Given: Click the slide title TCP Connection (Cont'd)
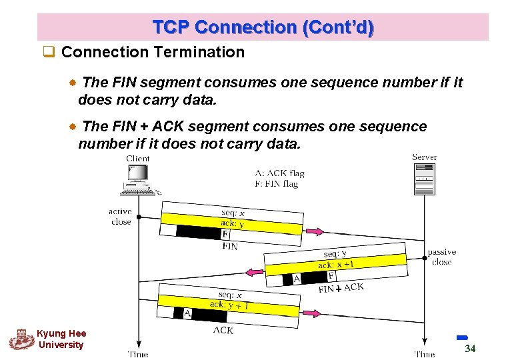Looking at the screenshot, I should tap(263, 27).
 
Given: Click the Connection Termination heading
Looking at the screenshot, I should tap(152, 52).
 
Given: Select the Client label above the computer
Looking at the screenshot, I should tap(138, 159).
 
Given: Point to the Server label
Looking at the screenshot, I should tap(424, 157).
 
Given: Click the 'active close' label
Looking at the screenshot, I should tap(121, 217).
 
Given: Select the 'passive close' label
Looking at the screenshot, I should tap(441, 257).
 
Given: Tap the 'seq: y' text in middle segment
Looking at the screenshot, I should tap(335, 254).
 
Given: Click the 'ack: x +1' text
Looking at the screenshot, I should tap(336, 265).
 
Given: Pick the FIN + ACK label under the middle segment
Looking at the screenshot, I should tap(341, 288).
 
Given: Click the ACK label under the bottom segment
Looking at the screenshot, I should tap(223, 329).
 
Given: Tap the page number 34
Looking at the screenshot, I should tap(470, 349).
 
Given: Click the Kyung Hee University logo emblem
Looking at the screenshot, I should tap(21, 339).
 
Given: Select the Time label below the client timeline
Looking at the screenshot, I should tap(137, 354).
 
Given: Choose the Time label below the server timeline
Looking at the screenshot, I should tap(424, 354).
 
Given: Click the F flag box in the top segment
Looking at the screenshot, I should tap(225, 235).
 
